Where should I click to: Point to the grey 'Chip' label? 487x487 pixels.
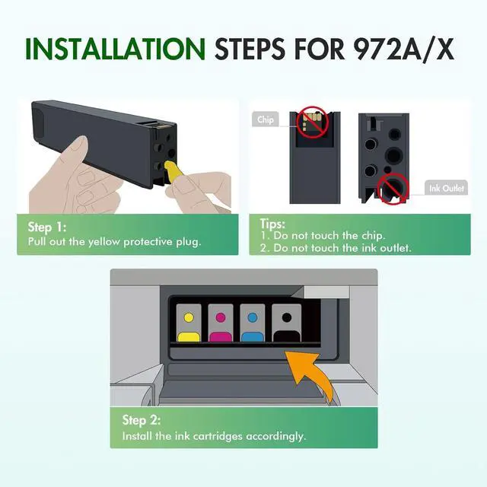pyautogui.click(x=266, y=119)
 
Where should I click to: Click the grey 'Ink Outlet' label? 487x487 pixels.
pyautogui.click(x=445, y=187)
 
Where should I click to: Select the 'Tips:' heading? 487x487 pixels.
pyautogui.click(x=272, y=224)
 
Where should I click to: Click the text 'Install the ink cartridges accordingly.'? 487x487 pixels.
pyautogui.click(x=215, y=436)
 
